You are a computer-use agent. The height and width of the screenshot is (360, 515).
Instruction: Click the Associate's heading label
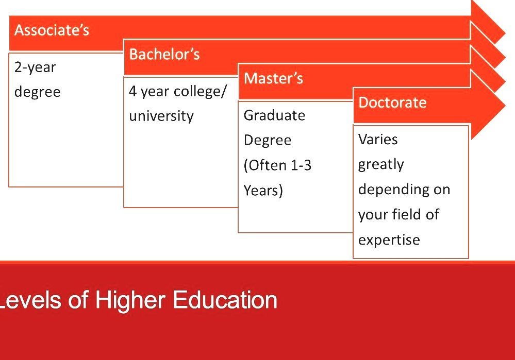pos(52,30)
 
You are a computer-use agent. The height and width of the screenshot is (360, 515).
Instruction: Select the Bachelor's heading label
pos(164,55)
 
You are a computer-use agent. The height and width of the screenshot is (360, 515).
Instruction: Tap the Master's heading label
pos(273,79)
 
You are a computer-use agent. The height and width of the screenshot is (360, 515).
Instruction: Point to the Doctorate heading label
pos(392,102)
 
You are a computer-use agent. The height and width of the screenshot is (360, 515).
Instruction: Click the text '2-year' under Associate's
pos(35,67)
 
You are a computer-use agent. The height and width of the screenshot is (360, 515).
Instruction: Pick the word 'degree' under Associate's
pos(37,92)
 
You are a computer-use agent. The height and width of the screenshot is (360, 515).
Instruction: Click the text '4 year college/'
pos(177,92)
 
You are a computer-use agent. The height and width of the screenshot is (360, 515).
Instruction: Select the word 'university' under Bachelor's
pos(161,116)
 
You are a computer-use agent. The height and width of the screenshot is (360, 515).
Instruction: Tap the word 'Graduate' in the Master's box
pos(274,115)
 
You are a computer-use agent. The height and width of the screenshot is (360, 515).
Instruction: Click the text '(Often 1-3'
pos(277,165)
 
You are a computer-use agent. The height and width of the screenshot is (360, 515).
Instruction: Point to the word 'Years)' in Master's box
pos(263,191)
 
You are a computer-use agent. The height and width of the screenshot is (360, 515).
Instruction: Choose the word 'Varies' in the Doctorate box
pos(378,140)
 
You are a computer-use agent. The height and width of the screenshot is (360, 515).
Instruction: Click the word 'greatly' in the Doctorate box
pos(381,164)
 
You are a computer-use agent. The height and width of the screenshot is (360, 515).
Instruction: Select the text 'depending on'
pos(404,190)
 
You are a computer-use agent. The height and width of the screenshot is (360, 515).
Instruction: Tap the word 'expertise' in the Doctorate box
pos(389,240)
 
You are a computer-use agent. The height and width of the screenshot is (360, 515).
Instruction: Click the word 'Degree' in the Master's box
pos(267,141)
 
